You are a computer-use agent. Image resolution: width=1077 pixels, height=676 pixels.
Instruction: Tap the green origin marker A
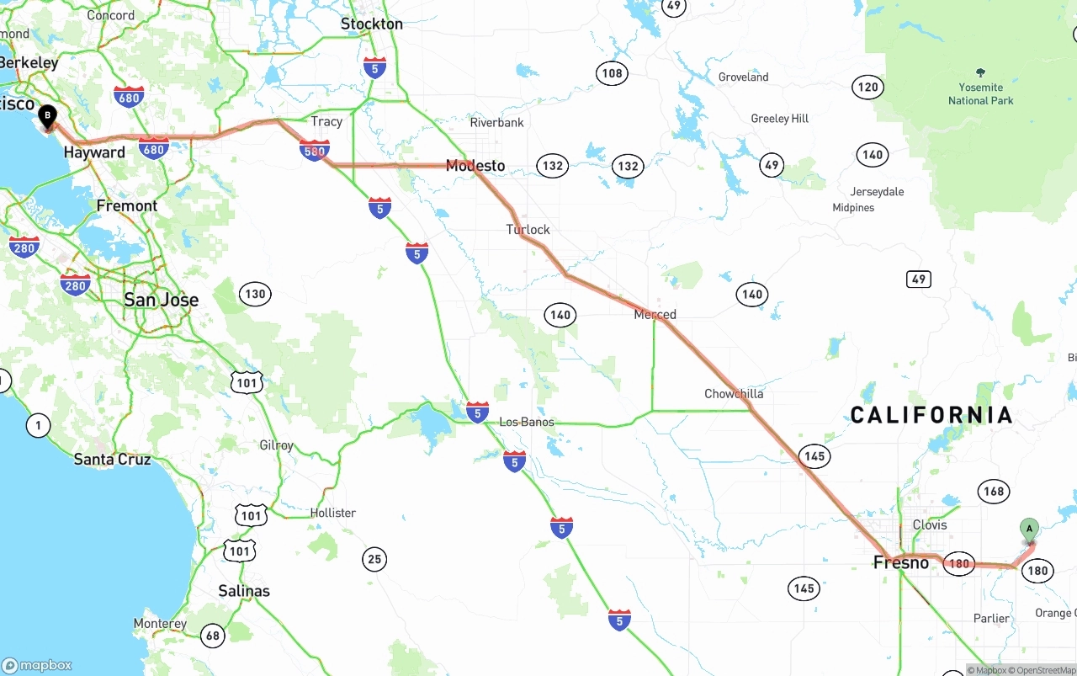coord(1028,530)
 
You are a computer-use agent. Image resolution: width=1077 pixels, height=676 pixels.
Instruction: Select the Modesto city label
coord(475,166)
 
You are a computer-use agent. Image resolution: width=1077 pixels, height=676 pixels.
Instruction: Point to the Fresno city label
coord(900,562)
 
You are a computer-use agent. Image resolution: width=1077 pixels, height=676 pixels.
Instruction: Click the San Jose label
coord(161,300)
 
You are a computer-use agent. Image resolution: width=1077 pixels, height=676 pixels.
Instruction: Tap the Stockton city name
coord(371,24)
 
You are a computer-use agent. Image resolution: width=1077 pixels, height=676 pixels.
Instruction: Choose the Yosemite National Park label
coord(980,93)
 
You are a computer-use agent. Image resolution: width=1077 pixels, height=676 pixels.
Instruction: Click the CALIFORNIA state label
coord(931,414)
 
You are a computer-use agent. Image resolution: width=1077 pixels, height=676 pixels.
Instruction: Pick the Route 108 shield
coord(613,73)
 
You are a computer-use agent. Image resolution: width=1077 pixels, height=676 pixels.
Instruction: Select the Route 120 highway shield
coord(867,87)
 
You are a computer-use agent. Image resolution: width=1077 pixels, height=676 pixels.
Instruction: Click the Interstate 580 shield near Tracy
coord(314,152)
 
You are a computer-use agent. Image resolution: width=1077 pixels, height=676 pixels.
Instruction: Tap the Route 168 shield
coord(993,492)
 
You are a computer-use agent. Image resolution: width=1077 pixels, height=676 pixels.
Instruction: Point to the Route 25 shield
coord(374,558)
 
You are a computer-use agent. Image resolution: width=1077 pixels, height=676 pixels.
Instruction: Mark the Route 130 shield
coord(255,294)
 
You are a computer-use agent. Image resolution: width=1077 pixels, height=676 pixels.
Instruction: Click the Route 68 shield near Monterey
coord(213,636)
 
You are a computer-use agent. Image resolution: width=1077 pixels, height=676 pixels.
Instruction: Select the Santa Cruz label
coord(112,460)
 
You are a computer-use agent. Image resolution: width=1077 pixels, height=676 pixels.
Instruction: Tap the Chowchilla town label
coord(734,394)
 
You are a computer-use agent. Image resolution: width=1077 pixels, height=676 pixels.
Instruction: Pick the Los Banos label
coord(527,422)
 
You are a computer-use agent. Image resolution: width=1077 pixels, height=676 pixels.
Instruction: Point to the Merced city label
coord(655,315)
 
